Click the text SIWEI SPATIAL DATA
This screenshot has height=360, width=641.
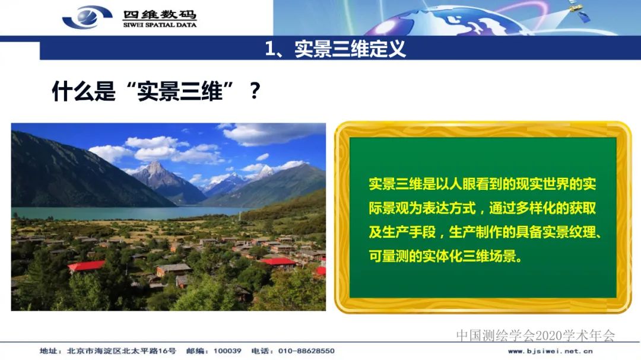click(160, 25)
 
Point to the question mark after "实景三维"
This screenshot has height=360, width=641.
click(255, 91)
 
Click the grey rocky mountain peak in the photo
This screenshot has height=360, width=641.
click(156, 173)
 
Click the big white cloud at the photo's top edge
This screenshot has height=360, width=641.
click(267, 134)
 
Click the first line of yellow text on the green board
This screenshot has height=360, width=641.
click(482, 184)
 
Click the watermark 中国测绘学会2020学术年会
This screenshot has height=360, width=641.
click(535, 336)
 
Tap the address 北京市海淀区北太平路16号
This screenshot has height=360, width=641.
click(122, 351)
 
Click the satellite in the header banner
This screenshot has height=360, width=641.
click(576, 9)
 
